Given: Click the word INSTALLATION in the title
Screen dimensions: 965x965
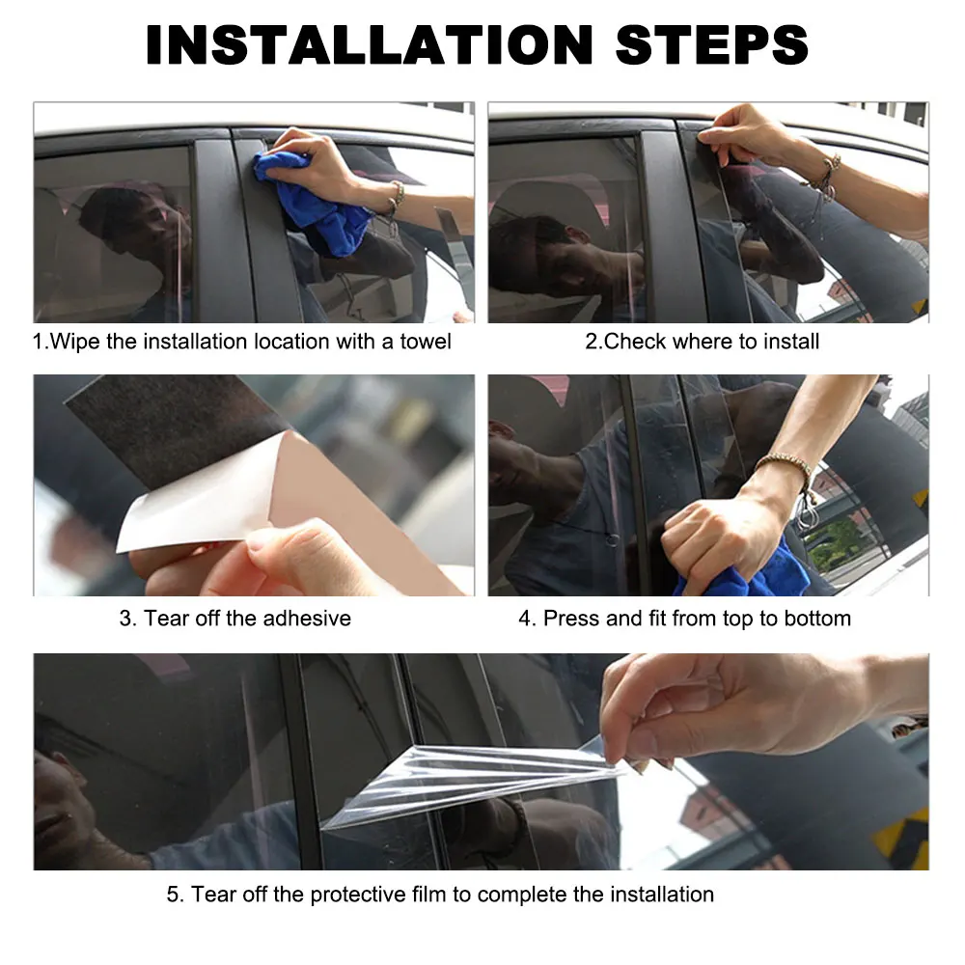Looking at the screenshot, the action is point(370,45).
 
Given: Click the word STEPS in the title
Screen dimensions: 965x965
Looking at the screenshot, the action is point(712,45).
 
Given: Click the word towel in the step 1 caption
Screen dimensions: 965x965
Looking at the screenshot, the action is point(426,342).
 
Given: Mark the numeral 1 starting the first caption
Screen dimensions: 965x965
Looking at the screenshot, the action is point(38,342).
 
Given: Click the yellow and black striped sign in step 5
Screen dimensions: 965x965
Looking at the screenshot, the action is point(901,837).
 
